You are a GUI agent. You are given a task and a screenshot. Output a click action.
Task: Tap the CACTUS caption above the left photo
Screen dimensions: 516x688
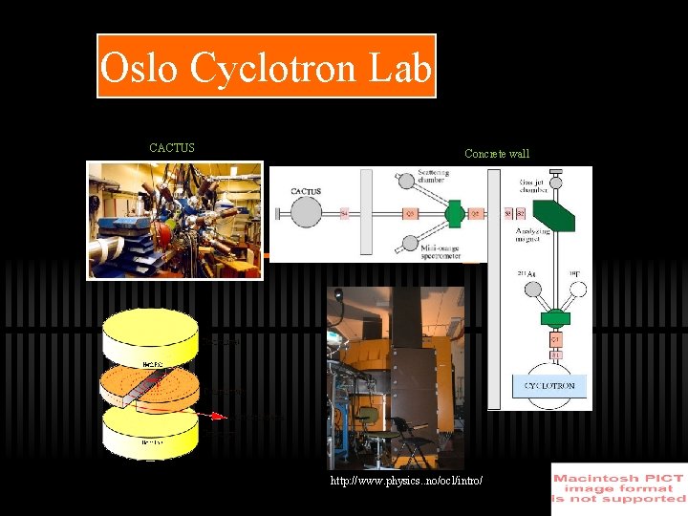172,148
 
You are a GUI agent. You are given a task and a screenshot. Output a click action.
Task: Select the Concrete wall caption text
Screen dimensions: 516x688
497,154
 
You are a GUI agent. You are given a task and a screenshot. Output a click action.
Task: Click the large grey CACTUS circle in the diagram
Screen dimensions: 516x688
306,211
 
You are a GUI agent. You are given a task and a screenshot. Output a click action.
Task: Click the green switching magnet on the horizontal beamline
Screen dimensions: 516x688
454,212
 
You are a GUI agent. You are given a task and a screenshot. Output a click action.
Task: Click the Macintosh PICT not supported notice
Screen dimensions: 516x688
619,488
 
